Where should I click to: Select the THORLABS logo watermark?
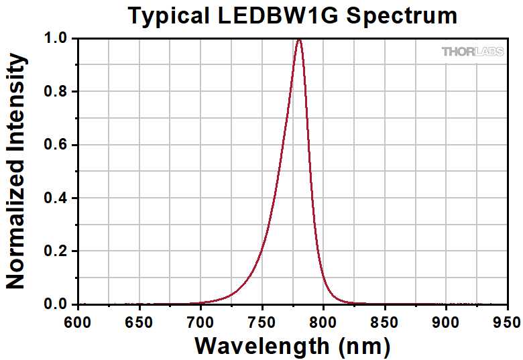coord(473,52)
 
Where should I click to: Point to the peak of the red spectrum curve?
coord(298,40)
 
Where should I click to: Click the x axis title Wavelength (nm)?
coord(292,345)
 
